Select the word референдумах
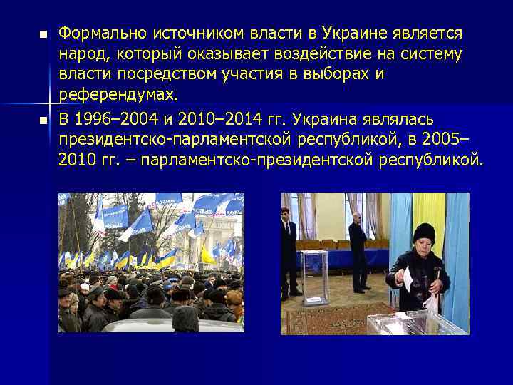tap(118, 95)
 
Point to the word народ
tap(81, 53)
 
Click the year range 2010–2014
tap(214, 118)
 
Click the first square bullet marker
tap(42, 34)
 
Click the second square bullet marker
tap(42, 119)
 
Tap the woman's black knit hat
tap(424, 233)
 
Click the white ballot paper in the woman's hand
tap(407, 277)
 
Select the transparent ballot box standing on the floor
tap(315, 277)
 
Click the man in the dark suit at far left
tap(288, 246)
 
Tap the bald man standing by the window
tap(358, 250)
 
